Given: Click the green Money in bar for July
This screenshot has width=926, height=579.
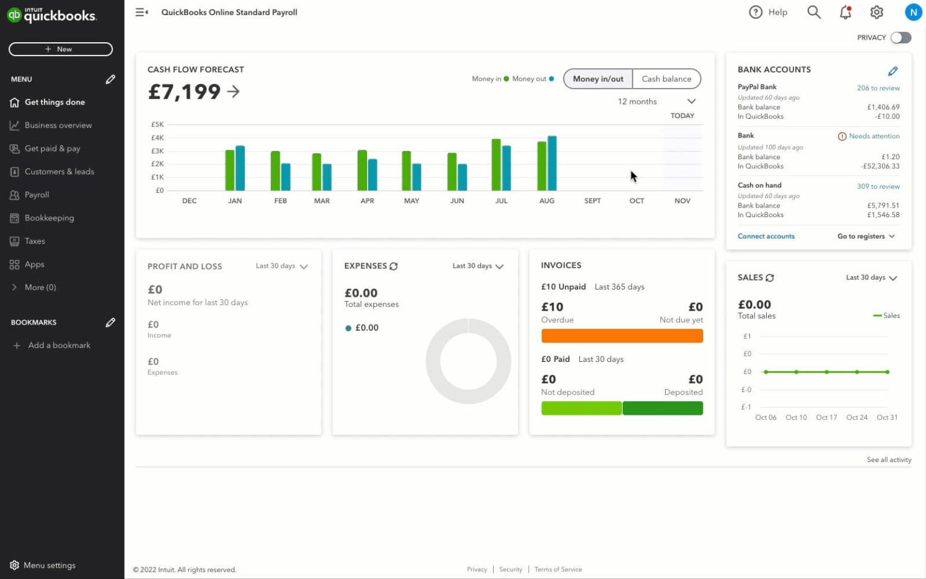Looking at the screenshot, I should pyautogui.click(x=496, y=165).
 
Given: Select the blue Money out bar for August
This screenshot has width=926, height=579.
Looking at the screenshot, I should pyautogui.click(x=552, y=163).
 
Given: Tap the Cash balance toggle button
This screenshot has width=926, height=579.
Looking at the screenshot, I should pyautogui.click(x=666, y=79).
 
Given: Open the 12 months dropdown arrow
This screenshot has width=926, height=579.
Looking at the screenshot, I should pyautogui.click(x=691, y=101).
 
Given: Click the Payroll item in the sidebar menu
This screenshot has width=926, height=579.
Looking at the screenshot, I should pyautogui.click(x=37, y=195).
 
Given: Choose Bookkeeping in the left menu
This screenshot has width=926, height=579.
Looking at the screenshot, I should pyautogui.click(x=49, y=218).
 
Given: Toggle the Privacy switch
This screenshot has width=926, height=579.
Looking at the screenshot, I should pyautogui.click(x=901, y=37).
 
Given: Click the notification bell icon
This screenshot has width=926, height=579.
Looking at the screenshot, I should pyautogui.click(x=845, y=12).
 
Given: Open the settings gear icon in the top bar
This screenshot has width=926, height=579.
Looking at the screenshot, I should pyautogui.click(x=877, y=12).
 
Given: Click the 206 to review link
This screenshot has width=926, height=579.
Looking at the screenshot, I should pyautogui.click(x=878, y=88).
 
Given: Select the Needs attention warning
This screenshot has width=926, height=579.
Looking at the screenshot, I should pyautogui.click(x=868, y=136).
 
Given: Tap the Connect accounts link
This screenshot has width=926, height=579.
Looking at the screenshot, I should pyautogui.click(x=766, y=236).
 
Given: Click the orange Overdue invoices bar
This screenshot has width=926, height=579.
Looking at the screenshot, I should pyautogui.click(x=622, y=336).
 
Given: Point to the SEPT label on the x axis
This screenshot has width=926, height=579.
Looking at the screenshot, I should pyautogui.click(x=592, y=201).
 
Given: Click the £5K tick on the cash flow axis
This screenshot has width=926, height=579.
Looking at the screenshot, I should pyautogui.click(x=157, y=125).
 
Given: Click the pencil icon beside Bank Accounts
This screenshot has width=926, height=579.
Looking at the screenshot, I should pyautogui.click(x=893, y=71).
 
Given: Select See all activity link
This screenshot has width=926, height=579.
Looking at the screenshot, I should pyautogui.click(x=889, y=460).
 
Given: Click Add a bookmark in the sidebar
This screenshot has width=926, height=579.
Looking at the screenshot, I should pyautogui.click(x=58, y=346).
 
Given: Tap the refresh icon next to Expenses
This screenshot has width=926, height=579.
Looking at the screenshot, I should pyautogui.click(x=394, y=266).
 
